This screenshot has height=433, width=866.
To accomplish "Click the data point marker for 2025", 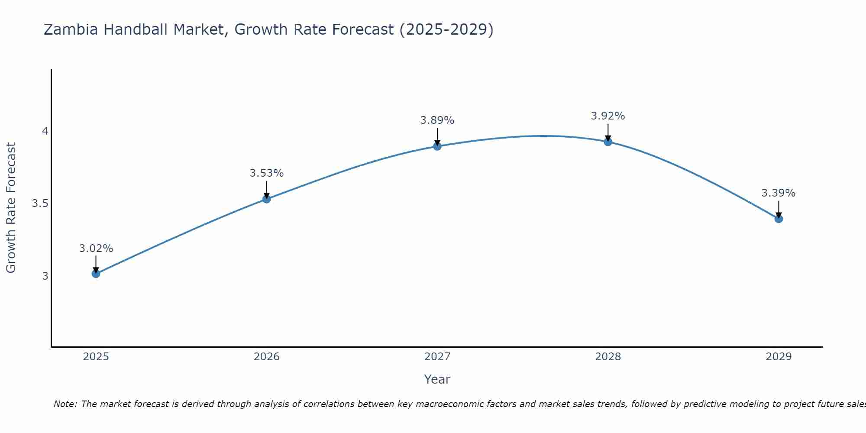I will (x=96, y=274).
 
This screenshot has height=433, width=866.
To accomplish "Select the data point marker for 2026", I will (x=267, y=199).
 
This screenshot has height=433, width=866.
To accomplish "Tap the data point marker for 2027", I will (x=437, y=146).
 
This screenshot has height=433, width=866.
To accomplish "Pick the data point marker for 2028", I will (x=608, y=142).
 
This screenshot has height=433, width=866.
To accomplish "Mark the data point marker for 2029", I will (x=779, y=219).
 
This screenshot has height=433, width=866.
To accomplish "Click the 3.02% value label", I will (x=96, y=249).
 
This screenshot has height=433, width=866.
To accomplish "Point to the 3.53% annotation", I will (x=267, y=173).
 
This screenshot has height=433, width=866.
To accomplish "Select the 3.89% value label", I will (x=437, y=120).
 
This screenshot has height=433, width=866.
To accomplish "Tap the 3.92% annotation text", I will (x=608, y=116).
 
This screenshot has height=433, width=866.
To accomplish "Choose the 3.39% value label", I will (x=779, y=193).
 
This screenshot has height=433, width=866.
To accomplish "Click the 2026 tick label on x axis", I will (x=267, y=357).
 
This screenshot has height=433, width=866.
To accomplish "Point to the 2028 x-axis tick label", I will (x=608, y=357).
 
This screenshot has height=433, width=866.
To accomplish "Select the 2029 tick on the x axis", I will (x=779, y=357).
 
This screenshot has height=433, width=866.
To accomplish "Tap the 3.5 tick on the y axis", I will (x=40, y=204).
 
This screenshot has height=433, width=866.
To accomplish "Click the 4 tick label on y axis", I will (x=45, y=131).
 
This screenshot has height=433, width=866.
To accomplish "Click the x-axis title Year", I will (x=437, y=379).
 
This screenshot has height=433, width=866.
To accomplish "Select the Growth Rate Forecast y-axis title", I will (x=11, y=208).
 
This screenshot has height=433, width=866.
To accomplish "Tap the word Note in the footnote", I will (x=65, y=404).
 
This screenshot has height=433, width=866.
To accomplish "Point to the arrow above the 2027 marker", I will (x=437, y=136).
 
